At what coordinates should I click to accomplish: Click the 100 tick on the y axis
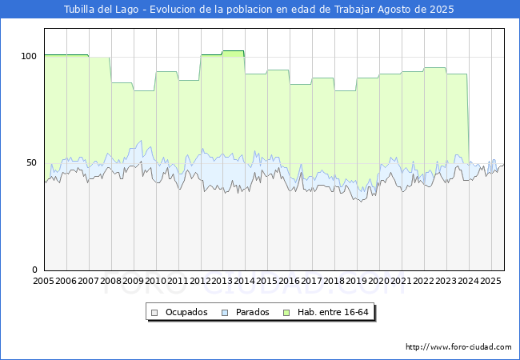29,56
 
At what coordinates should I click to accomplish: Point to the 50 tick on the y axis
31,162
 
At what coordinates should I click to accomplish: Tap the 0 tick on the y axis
35,270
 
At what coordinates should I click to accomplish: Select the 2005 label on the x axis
43,281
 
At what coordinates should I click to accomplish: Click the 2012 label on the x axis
200,281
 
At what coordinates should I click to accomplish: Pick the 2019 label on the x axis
357,281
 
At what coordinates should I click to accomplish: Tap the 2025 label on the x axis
491,281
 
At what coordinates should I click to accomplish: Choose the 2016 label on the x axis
290,281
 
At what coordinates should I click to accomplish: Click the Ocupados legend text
186,312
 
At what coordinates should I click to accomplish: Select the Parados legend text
252,312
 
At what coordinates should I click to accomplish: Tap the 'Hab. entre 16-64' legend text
333,312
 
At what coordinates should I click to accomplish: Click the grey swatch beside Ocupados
154,313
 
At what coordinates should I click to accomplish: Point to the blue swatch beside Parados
225,313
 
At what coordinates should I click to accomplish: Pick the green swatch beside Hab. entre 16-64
286,313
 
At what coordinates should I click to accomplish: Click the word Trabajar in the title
354,10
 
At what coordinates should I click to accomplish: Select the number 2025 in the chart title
442,10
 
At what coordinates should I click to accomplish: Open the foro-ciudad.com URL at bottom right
458,347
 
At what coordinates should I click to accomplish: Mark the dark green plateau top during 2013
233,51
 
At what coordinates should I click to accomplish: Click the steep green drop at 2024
468,118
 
